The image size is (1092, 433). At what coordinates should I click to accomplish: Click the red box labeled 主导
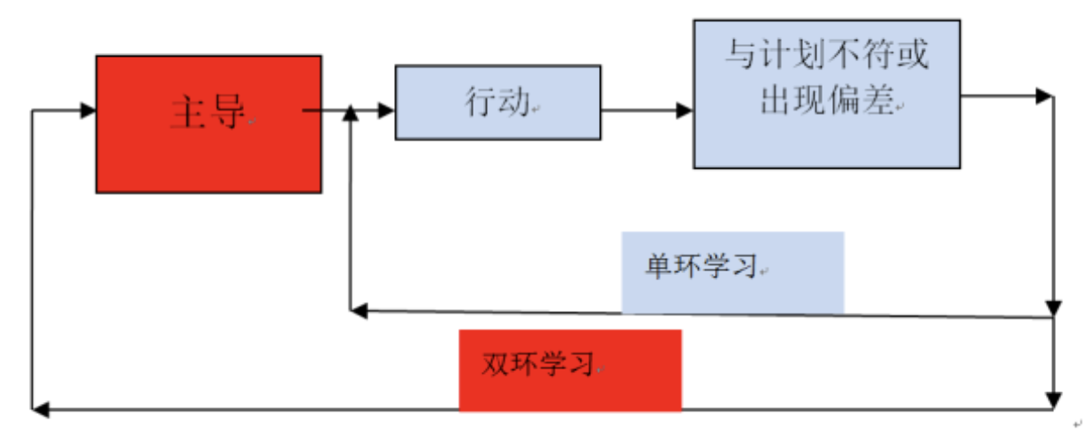(209, 124)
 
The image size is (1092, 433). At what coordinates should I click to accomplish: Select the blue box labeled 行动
(497, 103)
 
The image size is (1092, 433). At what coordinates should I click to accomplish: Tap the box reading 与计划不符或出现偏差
(827, 94)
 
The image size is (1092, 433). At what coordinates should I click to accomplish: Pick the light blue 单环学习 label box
(732, 272)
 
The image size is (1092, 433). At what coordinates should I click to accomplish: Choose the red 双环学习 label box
(570, 370)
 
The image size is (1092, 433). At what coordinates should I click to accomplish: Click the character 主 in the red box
(187, 113)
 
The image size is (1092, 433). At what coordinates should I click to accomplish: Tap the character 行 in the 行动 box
(481, 103)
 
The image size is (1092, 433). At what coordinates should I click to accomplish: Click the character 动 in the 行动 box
(513, 103)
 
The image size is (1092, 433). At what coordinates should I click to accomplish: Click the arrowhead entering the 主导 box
(87, 110)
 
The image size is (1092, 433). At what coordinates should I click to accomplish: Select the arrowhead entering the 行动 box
(387, 110)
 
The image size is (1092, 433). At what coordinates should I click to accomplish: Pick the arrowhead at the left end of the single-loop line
(358, 310)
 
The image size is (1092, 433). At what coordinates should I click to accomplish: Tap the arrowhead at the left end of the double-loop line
(39, 409)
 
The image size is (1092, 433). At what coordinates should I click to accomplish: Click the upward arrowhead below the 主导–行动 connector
(351, 112)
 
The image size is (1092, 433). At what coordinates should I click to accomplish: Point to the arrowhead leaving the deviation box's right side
(1045, 95)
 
